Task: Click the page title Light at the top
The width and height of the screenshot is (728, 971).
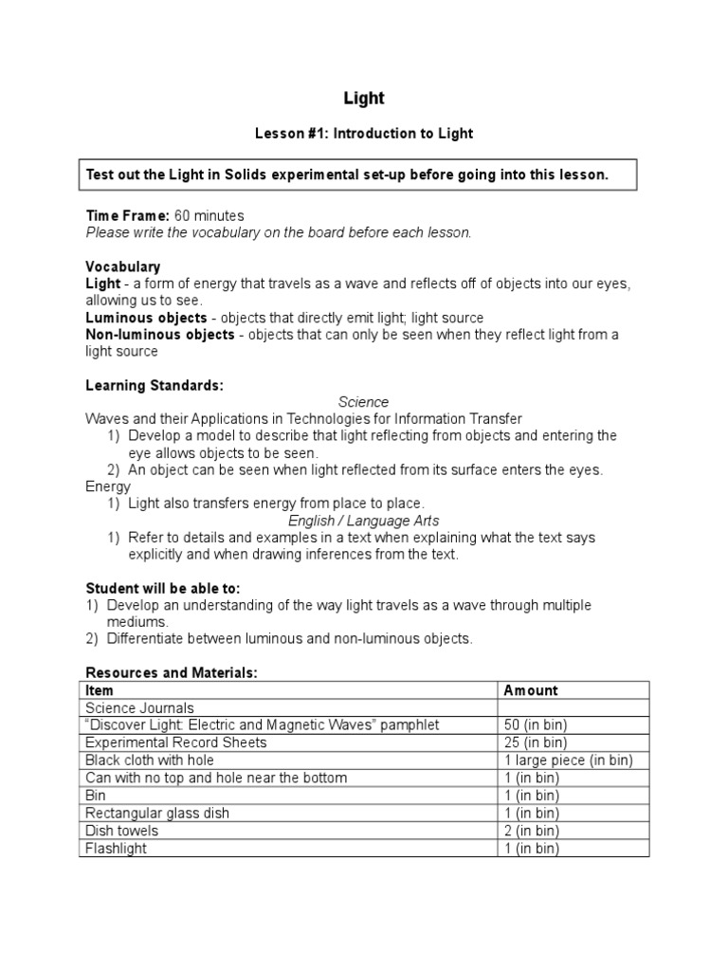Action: (363, 98)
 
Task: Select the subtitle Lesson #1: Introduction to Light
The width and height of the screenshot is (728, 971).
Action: (363, 134)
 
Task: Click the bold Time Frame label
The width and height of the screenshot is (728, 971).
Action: (128, 216)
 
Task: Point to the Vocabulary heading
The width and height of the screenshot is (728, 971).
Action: (122, 266)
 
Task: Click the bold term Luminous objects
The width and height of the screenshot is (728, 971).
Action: (146, 318)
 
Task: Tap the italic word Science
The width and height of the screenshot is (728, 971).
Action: (363, 402)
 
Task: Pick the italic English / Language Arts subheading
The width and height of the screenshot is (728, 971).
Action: (363, 521)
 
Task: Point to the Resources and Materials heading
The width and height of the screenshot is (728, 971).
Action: (172, 672)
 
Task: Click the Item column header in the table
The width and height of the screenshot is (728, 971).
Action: (100, 690)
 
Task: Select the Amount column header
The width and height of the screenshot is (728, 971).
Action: (531, 690)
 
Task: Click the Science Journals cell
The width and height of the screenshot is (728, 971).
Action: (139, 707)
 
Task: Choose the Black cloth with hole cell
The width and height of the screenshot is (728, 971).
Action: (150, 760)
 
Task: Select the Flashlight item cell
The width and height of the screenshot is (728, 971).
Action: (116, 849)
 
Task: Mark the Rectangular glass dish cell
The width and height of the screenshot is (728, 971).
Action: (157, 814)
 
